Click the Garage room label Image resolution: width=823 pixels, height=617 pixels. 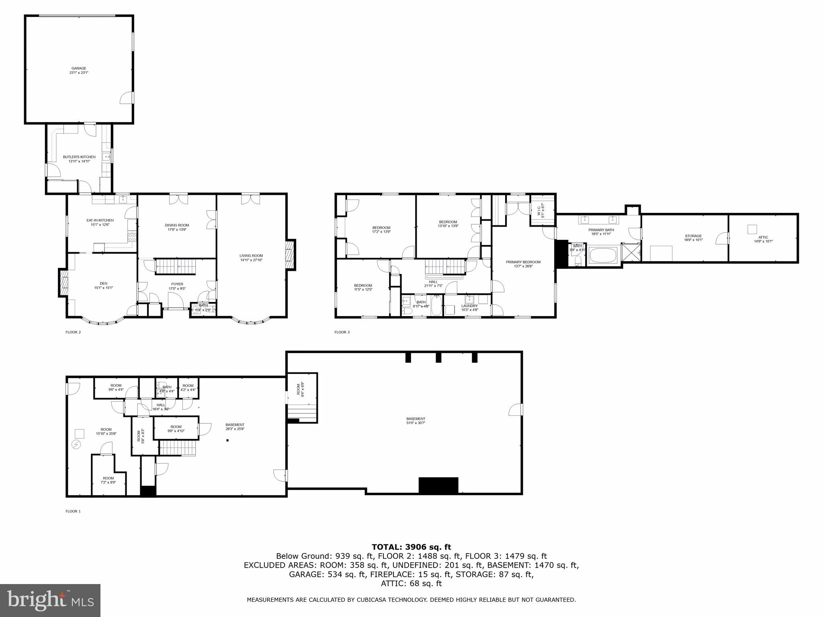[79, 69]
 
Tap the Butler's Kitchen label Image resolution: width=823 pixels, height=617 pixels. [79, 157]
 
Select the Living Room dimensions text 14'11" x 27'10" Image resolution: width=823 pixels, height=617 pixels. [251, 260]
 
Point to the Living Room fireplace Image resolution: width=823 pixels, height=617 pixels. [290, 255]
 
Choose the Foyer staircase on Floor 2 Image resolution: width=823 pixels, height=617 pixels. [175, 266]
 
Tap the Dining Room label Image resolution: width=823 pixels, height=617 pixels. [177, 225]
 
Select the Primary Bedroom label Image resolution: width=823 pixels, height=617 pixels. [523, 262]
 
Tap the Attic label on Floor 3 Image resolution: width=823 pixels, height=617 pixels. [763, 237]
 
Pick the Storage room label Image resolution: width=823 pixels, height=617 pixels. [693, 236]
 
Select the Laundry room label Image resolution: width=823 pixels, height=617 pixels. [469, 306]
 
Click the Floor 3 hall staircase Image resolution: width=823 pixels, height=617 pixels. [445, 266]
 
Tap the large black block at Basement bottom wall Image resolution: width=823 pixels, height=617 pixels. [438, 485]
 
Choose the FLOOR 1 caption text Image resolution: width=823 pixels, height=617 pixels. [73, 511]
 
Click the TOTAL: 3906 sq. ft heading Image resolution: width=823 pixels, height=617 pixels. [411, 547]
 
